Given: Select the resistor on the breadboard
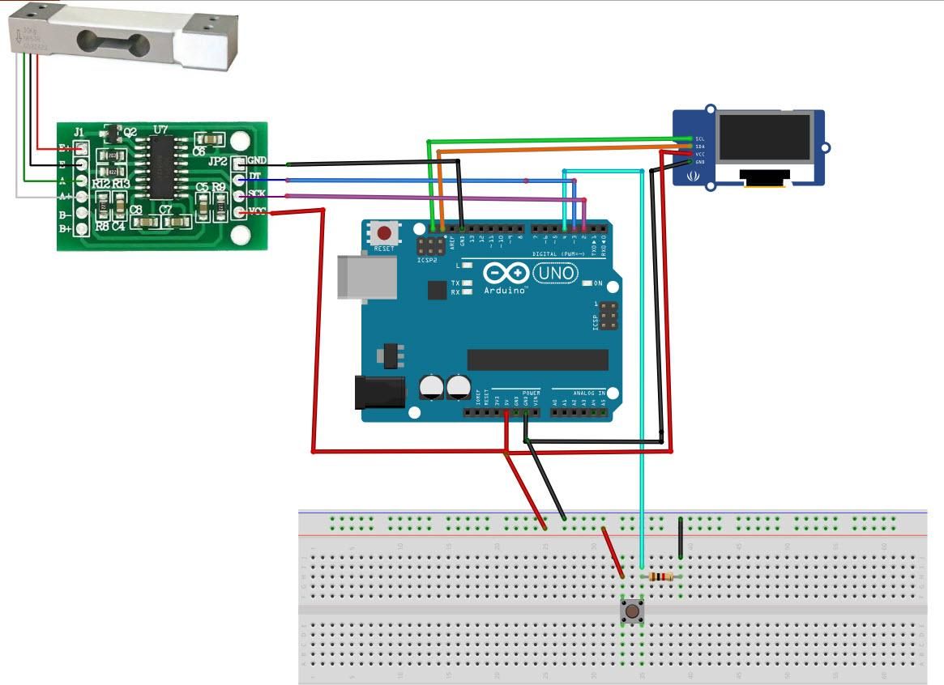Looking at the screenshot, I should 661,577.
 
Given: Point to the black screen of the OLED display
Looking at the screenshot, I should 765,136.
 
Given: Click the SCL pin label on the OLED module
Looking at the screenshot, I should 699,139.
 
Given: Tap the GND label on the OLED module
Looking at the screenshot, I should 699,162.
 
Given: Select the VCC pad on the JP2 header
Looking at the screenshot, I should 239,212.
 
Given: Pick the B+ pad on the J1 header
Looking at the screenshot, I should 81,230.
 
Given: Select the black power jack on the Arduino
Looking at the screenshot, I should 379,393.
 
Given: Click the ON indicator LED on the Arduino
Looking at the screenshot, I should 586,283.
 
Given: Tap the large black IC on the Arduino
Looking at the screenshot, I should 537,360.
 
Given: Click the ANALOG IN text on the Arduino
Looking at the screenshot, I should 589,393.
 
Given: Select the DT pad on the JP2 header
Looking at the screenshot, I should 239,179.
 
